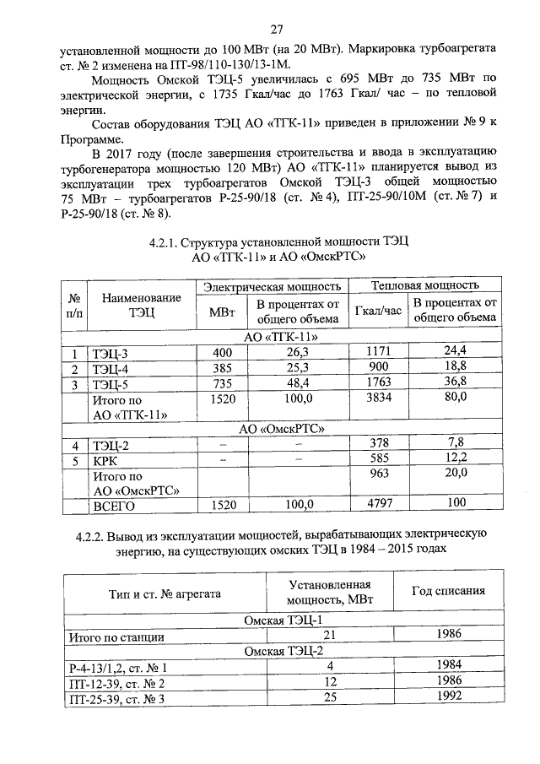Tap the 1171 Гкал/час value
[x=379, y=352]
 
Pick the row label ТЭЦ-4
[x=111, y=369]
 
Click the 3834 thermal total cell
[x=379, y=399]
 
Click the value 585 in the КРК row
[x=379, y=461]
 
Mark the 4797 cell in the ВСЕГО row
[x=379, y=506]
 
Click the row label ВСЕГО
[x=115, y=506]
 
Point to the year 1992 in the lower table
[x=447, y=697]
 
